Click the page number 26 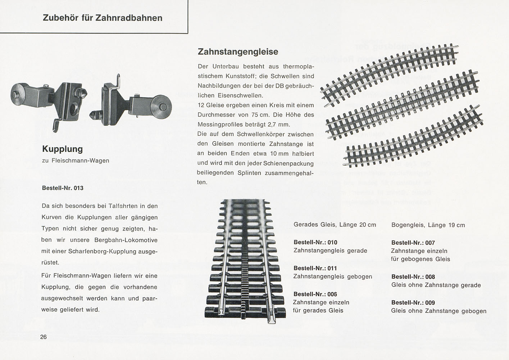tap(44, 337)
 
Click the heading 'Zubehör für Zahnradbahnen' tap(103, 18)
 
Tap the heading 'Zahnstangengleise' tap(238, 51)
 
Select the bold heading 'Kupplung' tap(62, 149)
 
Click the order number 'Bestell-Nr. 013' tap(63, 188)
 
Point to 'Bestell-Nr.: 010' tap(315, 242)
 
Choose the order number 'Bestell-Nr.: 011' tap(315, 268)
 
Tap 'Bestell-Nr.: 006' tap(315, 294)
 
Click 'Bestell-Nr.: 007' tap(413, 243)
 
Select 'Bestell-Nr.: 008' tap(413, 277)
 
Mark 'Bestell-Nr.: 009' tap(413, 302)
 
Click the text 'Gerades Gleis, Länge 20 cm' tap(335, 225)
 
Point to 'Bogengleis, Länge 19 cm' tap(428, 225)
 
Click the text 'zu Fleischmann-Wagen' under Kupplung tap(76, 161)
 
